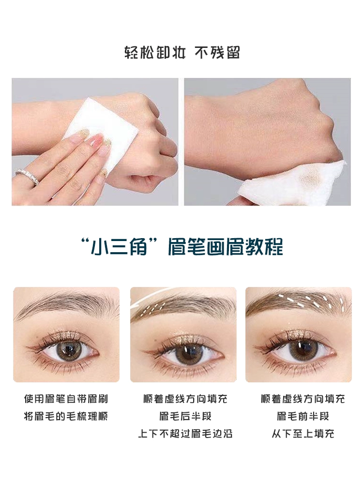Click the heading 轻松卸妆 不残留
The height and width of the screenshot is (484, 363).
click(182, 52)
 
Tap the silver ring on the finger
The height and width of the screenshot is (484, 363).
click(28, 176)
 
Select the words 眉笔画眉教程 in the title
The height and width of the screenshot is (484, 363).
click(226, 247)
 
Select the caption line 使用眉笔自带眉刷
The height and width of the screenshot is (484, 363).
click(66, 398)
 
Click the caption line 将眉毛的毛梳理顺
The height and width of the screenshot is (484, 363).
click(66, 416)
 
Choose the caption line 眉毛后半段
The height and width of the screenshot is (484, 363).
click(185, 416)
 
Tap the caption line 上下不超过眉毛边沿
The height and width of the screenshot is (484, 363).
click(185, 434)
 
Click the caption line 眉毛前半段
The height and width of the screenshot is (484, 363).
click(303, 416)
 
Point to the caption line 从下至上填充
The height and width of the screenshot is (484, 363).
click(303, 434)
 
